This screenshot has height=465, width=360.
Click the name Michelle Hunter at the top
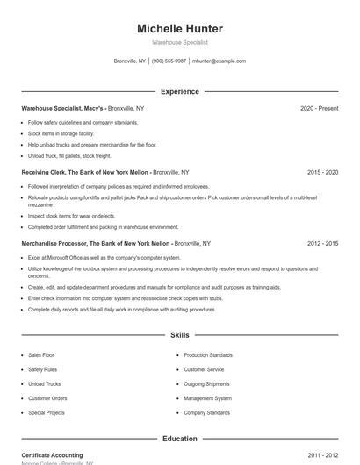pos(180,29)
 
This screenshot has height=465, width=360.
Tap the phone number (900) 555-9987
pos(169,61)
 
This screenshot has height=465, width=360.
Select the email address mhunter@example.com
pos(219,61)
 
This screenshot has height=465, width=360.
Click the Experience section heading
pos(180,91)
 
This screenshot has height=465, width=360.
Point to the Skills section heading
pos(180,335)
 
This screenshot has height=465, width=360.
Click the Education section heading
pos(180,439)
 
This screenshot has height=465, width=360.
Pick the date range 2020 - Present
pos(319,108)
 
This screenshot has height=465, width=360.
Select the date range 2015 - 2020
pos(322,173)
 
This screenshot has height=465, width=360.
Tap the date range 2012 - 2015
pos(322,243)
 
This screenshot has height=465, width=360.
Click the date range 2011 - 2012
pos(322,455)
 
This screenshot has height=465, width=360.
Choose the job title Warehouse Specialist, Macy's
pos(62,108)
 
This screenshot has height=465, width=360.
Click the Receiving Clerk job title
pos(85,173)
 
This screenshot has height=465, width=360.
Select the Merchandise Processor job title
pos(96,243)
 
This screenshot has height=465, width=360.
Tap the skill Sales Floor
pos(41,355)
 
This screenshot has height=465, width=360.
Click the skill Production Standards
pos(208,355)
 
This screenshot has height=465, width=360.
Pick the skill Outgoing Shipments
pos(207,383)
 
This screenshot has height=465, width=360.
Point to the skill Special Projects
pos(47,412)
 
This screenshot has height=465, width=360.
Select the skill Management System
pos(207,398)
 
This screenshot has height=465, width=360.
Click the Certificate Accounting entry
pos(52,455)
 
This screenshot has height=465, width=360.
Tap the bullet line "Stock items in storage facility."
pos(61,133)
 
